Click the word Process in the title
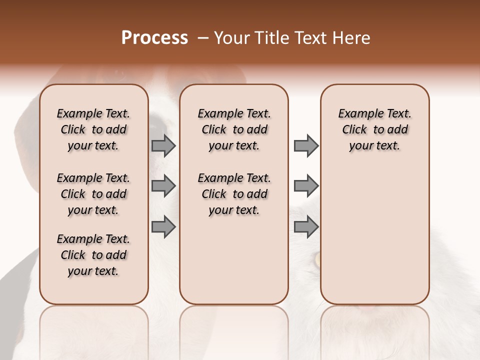click(x=154, y=38)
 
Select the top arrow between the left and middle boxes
click(x=163, y=145)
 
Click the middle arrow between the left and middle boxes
click(x=163, y=186)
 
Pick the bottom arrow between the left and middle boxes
click(x=163, y=227)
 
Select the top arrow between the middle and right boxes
click(x=306, y=145)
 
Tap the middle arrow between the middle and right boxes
click(x=306, y=186)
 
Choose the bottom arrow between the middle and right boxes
click(x=306, y=227)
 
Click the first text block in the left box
click(x=93, y=129)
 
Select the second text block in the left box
click(x=93, y=194)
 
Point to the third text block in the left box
click(x=93, y=255)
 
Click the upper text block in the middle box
click(x=234, y=129)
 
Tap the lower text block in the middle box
click(x=234, y=194)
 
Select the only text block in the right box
click(x=375, y=129)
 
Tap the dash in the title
click(x=202, y=38)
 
